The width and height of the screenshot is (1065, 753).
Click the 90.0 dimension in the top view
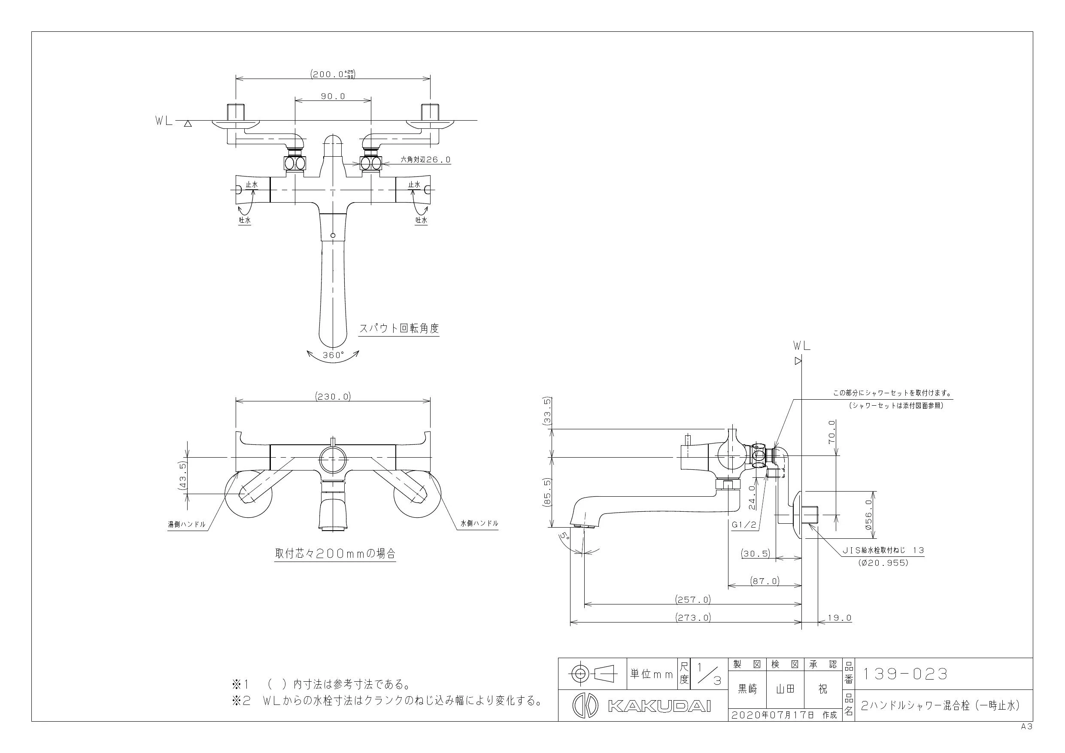pos(333,97)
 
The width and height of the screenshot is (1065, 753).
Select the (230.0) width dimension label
pos(333,397)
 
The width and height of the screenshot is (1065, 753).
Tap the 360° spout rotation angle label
pos(334,355)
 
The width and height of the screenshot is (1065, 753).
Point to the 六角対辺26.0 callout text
pos(425,160)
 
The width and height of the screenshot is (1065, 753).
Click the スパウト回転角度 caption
pos(399,328)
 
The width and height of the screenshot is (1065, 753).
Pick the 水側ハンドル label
pos(479,523)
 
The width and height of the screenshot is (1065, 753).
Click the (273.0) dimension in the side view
pos(692,617)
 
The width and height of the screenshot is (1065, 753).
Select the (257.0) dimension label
pos(692,599)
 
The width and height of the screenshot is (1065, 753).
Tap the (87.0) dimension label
pos(765,581)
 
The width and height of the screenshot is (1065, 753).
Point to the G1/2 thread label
pos(743,525)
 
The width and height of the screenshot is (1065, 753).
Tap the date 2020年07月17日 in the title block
pos(772,715)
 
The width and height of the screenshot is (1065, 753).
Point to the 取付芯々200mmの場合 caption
pos(335,553)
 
